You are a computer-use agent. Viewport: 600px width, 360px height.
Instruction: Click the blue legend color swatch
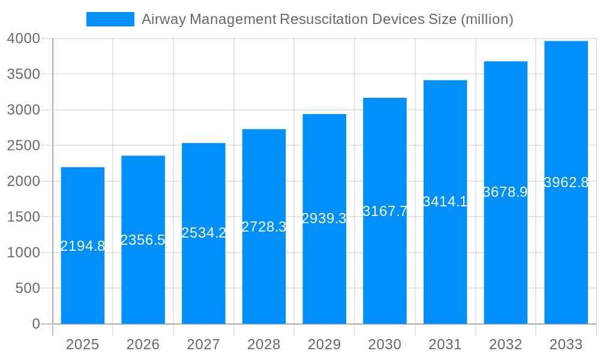click(110, 19)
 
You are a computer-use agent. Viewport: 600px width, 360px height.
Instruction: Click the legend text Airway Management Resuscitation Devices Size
click(327, 19)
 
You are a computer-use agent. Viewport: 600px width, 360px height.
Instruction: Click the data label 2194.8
click(83, 246)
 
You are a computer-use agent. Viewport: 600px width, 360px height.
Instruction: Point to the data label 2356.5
click(143, 240)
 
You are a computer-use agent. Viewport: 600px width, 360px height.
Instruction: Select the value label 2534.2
click(203, 233)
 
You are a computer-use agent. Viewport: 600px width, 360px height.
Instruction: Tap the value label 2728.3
click(264, 227)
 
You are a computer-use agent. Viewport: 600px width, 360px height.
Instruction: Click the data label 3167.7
click(385, 211)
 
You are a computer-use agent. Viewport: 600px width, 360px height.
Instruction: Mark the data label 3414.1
click(445, 202)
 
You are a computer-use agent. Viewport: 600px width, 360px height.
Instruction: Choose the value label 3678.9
click(505, 192)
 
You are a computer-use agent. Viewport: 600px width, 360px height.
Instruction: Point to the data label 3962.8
click(566, 182)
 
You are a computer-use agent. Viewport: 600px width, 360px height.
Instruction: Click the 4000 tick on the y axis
click(23, 38)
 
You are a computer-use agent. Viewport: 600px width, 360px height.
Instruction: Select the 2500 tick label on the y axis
click(23, 146)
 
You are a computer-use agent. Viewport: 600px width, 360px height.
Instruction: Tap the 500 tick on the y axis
click(28, 289)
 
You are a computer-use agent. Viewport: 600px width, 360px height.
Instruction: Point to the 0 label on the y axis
click(35, 324)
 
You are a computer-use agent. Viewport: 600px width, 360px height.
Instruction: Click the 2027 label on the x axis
click(203, 344)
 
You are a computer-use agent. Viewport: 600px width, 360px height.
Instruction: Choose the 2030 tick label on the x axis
click(385, 344)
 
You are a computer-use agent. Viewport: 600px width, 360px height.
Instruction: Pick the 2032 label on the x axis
click(505, 344)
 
